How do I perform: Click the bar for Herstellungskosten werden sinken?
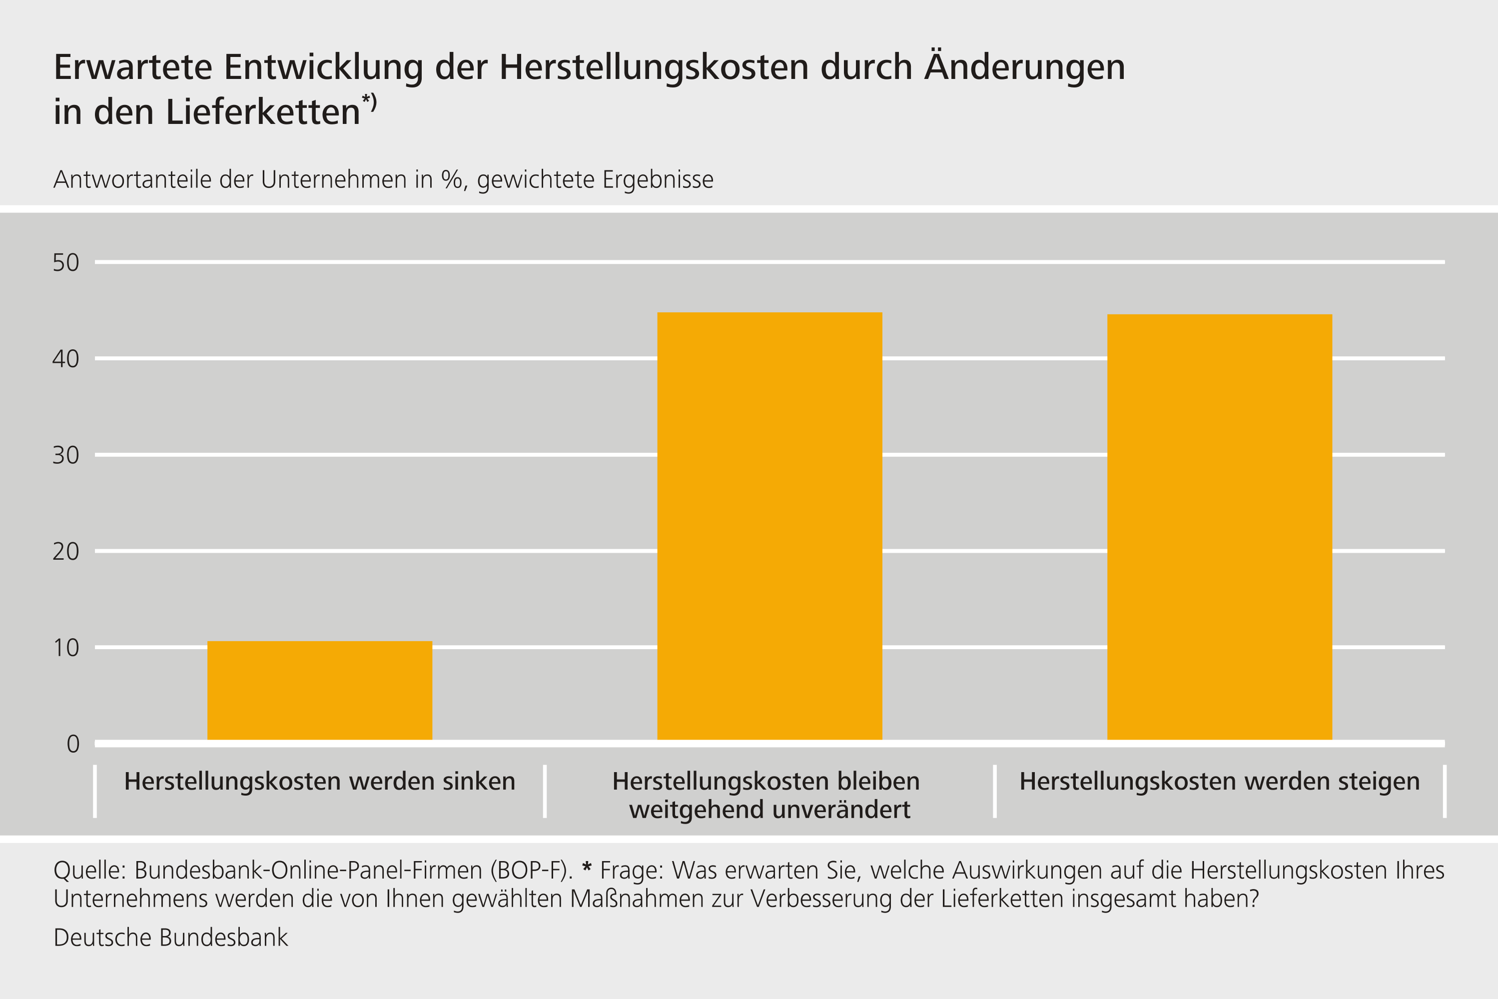[320, 691]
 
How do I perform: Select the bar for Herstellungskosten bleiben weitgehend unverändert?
[769, 526]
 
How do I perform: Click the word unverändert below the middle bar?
[834, 810]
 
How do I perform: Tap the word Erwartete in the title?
[132, 67]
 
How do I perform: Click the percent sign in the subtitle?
[452, 180]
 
